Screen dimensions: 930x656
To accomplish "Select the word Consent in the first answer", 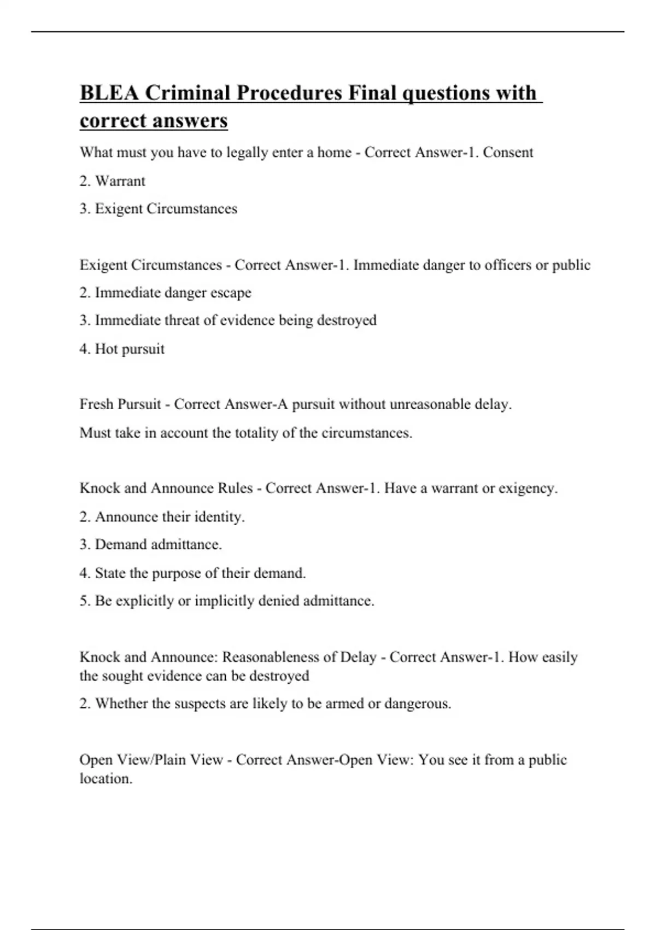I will tap(508, 152).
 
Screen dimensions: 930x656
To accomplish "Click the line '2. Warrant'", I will tap(112, 181).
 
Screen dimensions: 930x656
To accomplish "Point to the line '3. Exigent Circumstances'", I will tap(158, 209).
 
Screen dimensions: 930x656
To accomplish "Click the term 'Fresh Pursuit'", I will tap(120, 404).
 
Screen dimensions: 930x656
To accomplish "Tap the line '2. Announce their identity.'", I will tap(162, 517).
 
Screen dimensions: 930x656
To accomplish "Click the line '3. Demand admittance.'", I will tap(150, 545).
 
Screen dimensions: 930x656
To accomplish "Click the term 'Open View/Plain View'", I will tap(151, 760).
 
